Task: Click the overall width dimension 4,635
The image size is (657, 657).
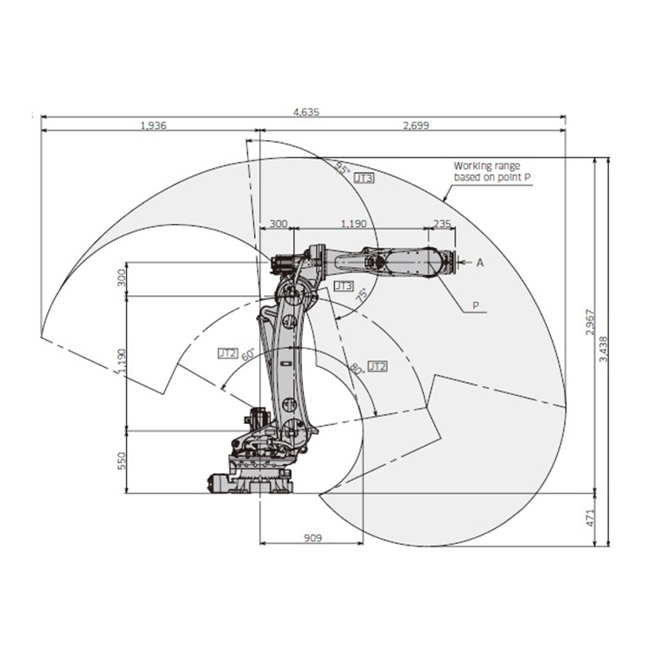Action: click(x=307, y=112)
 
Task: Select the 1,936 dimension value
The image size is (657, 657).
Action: click(x=153, y=125)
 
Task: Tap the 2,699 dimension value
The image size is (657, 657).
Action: click(x=416, y=125)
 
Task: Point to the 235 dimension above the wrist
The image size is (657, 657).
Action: click(x=442, y=223)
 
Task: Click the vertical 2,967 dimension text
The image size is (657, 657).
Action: click(x=590, y=321)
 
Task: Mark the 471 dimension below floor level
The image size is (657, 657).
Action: click(x=590, y=518)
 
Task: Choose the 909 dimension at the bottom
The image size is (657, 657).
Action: click(x=313, y=538)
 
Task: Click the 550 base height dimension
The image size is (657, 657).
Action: click(x=122, y=461)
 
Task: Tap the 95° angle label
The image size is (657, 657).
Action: click(x=343, y=168)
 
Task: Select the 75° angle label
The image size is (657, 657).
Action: click(x=362, y=295)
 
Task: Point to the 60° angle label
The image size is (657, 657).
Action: click(x=248, y=354)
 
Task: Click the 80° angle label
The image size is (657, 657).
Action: click(x=357, y=369)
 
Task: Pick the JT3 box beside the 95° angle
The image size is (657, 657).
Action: click(x=364, y=178)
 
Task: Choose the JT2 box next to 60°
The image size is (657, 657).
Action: click(x=228, y=353)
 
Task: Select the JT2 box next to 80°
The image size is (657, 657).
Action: click(x=378, y=367)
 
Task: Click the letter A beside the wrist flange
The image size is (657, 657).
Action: click(x=480, y=263)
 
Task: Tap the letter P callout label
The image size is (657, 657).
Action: click(x=476, y=306)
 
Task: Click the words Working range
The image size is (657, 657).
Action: click(x=487, y=166)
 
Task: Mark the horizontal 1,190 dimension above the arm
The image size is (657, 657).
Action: click(x=354, y=223)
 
